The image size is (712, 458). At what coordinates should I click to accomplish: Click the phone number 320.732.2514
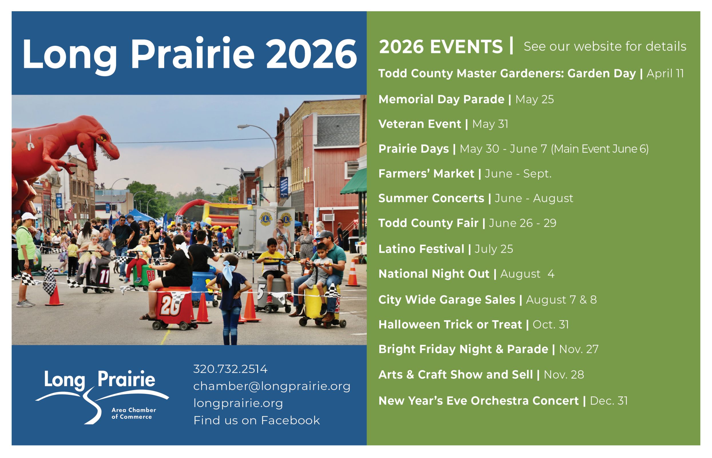tap(230, 369)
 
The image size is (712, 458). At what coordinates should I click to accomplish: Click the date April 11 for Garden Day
tap(665, 74)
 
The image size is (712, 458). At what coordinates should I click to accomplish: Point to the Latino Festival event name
tap(421, 249)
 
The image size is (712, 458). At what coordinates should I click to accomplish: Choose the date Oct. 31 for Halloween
tap(551, 325)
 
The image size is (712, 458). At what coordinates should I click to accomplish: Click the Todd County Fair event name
tap(429, 223)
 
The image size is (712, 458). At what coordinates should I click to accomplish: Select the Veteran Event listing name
tap(420, 124)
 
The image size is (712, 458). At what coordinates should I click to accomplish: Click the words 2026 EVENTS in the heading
tap(441, 47)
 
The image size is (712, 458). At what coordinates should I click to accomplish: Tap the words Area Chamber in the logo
tap(134, 410)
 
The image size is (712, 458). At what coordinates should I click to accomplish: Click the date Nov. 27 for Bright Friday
tap(579, 349)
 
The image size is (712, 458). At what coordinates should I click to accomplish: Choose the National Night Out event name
tap(434, 274)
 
